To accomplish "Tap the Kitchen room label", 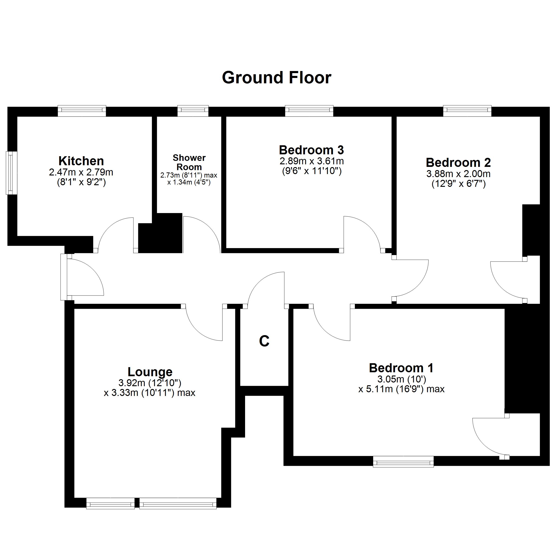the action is tap(81, 161).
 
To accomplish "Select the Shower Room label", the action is tap(189, 162).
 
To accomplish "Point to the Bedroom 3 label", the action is tap(311, 150).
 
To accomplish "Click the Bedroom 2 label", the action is tap(458, 163).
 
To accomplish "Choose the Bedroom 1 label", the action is tap(401, 368).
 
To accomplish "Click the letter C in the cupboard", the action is tap(264, 341).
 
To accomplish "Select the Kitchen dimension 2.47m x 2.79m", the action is tap(81, 172).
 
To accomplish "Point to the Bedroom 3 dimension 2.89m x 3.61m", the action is tap(312, 161).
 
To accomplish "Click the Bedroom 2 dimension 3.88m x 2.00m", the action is tap(458, 174).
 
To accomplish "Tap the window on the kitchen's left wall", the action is tap(11, 173).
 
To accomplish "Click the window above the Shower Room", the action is tap(193, 111).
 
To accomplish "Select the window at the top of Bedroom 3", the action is tap(309, 111).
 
